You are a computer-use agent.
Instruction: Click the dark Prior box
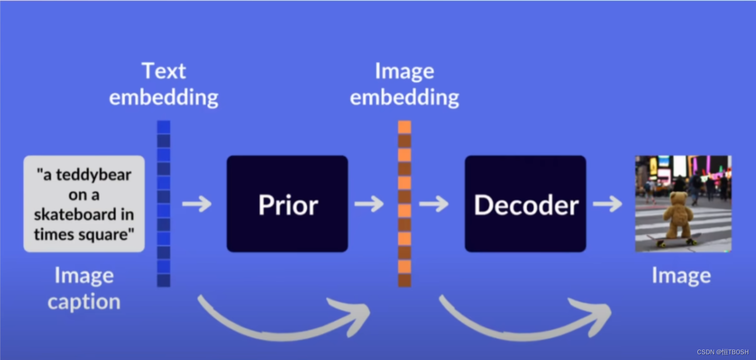(x=287, y=204)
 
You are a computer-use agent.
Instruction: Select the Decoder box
(x=525, y=204)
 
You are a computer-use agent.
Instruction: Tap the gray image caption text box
(x=84, y=204)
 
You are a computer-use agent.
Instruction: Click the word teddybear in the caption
(x=94, y=175)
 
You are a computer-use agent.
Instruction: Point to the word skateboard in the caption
(x=75, y=214)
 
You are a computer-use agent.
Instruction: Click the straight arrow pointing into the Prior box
(x=197, y=204)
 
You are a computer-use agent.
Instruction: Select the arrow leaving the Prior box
(x=369, y=204)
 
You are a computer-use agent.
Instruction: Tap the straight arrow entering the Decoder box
(x=434, y=204)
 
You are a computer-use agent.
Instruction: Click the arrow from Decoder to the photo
(x=607, y=204)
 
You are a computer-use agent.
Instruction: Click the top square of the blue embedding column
(x=164, y=127)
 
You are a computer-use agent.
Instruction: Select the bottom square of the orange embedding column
(x=405, y=280)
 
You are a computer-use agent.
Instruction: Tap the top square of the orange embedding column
(x=405, y=127)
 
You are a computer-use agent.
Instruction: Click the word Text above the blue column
(x=164, y=71)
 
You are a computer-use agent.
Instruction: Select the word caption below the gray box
(x=84, y=302)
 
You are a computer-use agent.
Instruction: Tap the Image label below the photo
(x=681, y=276)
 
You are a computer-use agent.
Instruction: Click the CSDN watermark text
(x=723, y=352)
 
